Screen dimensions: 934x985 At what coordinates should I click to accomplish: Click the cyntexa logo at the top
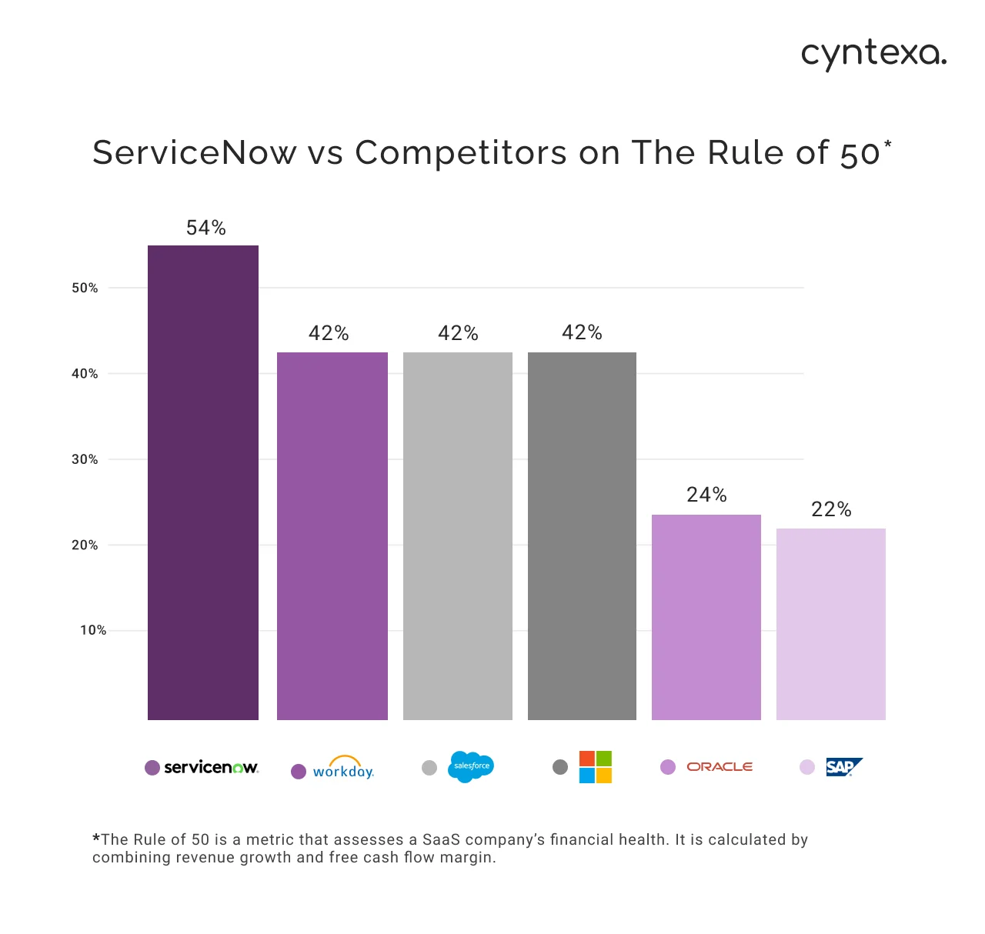pos(873,55)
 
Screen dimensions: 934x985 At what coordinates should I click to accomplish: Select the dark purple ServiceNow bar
pos(203,482)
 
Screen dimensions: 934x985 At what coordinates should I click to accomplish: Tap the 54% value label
pos(205,228)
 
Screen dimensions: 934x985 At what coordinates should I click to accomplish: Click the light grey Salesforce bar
pos(458,536)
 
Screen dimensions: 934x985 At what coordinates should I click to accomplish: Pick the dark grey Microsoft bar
pos(582,536)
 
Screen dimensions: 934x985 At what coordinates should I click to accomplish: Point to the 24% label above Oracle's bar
pos(706,495)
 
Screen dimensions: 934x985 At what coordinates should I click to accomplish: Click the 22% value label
pos(831,509)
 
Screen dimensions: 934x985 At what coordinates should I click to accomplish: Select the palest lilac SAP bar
pos(831,624)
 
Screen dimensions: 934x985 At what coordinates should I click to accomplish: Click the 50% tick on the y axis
pos(85,288)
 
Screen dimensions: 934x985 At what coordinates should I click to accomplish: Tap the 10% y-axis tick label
pos(93,630)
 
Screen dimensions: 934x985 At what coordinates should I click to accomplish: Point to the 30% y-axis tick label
pos(85,459)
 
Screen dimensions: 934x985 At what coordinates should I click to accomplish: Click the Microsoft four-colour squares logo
pos(595,767)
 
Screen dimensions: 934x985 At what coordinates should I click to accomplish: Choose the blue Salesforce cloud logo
pos(470,766)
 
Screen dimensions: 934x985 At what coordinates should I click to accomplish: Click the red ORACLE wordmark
pos(720,767)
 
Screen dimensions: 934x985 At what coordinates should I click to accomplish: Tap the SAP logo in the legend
pos(843,767)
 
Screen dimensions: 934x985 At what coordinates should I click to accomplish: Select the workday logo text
pos(343,770)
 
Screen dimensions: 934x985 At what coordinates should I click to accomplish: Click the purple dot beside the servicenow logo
pos(152,767)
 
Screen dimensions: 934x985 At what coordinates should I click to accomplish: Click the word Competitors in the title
pos(461,152)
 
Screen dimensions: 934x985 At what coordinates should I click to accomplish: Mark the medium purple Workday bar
pos(332,536)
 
